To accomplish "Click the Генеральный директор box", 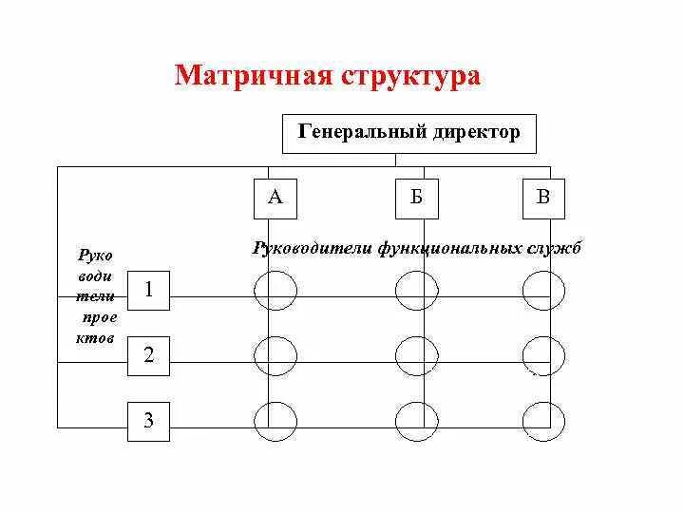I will coord(409,133).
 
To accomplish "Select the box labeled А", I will coord(275,198).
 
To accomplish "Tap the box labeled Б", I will coord(416,198).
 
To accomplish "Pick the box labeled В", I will coord(543,198).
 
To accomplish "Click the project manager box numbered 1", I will coord(149,291).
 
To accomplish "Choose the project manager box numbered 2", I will coord(149,356).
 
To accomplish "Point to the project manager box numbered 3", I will coord(149,421).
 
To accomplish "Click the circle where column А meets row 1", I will coord(275,290).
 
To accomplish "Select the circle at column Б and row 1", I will coord(416,290).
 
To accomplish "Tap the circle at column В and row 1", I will coord(543,290).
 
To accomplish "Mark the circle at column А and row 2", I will coord(275,356).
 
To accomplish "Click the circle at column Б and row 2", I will coord(416,356).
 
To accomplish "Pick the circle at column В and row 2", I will coord(543,356).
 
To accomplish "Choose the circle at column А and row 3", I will coord(275,421).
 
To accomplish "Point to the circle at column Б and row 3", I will coord(416,421).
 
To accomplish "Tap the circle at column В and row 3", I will coord(543,421).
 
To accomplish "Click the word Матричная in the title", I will coord(248,76).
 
